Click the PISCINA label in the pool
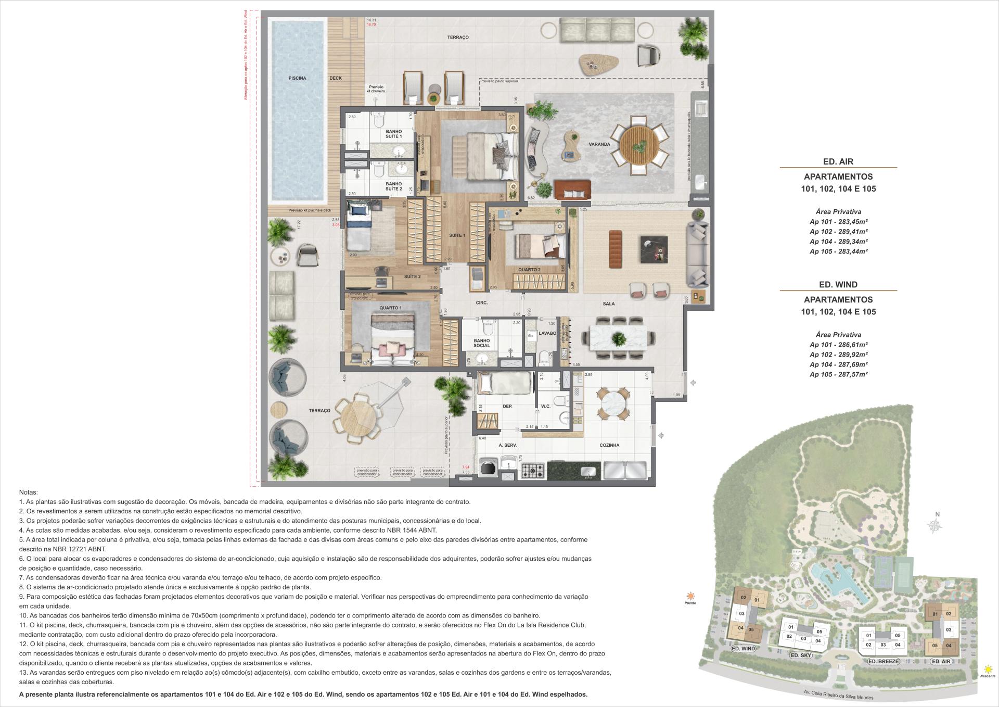pos(298,78)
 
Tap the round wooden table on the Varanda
pos(639,145)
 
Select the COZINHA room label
pos(609,445)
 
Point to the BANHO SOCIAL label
pos(482,343)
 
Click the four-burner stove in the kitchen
pos(532,471)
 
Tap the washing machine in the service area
pos(488,468)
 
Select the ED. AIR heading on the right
pos(838,161)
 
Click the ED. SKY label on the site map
pos(801,655)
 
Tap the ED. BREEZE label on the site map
pos(883,661)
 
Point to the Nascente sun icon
pos(987,669)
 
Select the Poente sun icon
pos(690,596)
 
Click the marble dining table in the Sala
pos(618,339)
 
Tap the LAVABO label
pos(547,333)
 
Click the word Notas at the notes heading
pos(28,492)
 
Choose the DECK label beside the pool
pos(336,78)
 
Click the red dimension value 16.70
pos(371,24)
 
